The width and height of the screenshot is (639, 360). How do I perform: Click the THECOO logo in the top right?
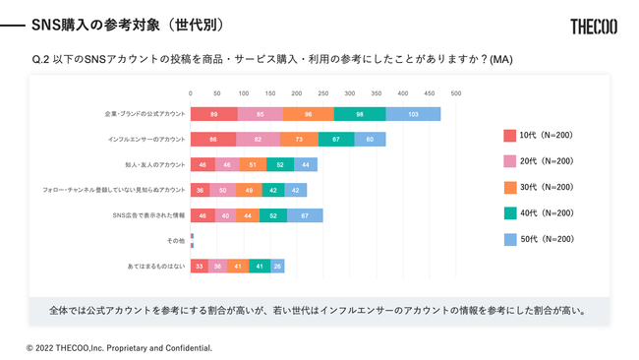coord(593,27)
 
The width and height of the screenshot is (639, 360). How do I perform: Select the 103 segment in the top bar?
coord(413,114)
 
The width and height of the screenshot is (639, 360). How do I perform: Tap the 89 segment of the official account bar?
coord(213,114)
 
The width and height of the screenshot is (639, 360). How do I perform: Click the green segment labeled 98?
coord(360,114)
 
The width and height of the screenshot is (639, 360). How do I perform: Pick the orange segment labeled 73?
coord(299,140)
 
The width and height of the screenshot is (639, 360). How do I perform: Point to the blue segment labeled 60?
coord(370,140)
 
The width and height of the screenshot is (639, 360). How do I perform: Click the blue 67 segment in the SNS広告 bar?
coord(305,215)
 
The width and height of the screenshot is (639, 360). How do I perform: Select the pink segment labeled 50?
coord(222,190)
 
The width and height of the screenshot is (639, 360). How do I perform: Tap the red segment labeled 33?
coord(200,267)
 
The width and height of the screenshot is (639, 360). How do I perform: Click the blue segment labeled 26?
coord(278,267)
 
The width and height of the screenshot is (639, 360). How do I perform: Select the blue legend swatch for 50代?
coord(509,239)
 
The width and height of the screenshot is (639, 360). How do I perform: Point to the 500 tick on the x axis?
coord(456,93)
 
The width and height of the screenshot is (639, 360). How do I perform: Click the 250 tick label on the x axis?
coord(323,93)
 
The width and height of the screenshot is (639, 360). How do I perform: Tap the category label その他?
coord(176,241)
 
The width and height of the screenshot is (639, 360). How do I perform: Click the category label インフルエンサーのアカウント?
coord(145,140)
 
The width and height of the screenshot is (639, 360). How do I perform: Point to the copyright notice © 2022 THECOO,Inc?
coord(119,347)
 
